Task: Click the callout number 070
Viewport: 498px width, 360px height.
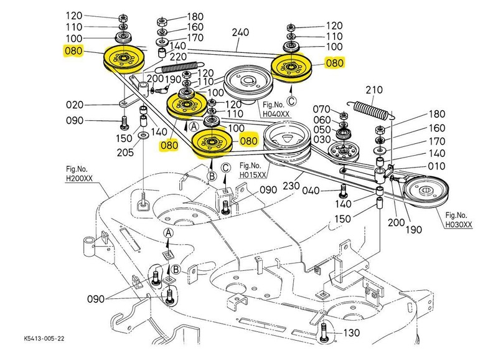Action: click(x=324, y=108)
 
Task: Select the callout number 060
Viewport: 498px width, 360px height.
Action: click(x=324, y=120)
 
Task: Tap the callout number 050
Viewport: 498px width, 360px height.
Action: click(x=324, y=131)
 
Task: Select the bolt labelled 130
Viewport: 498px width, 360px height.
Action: click(x=326, y=334)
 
